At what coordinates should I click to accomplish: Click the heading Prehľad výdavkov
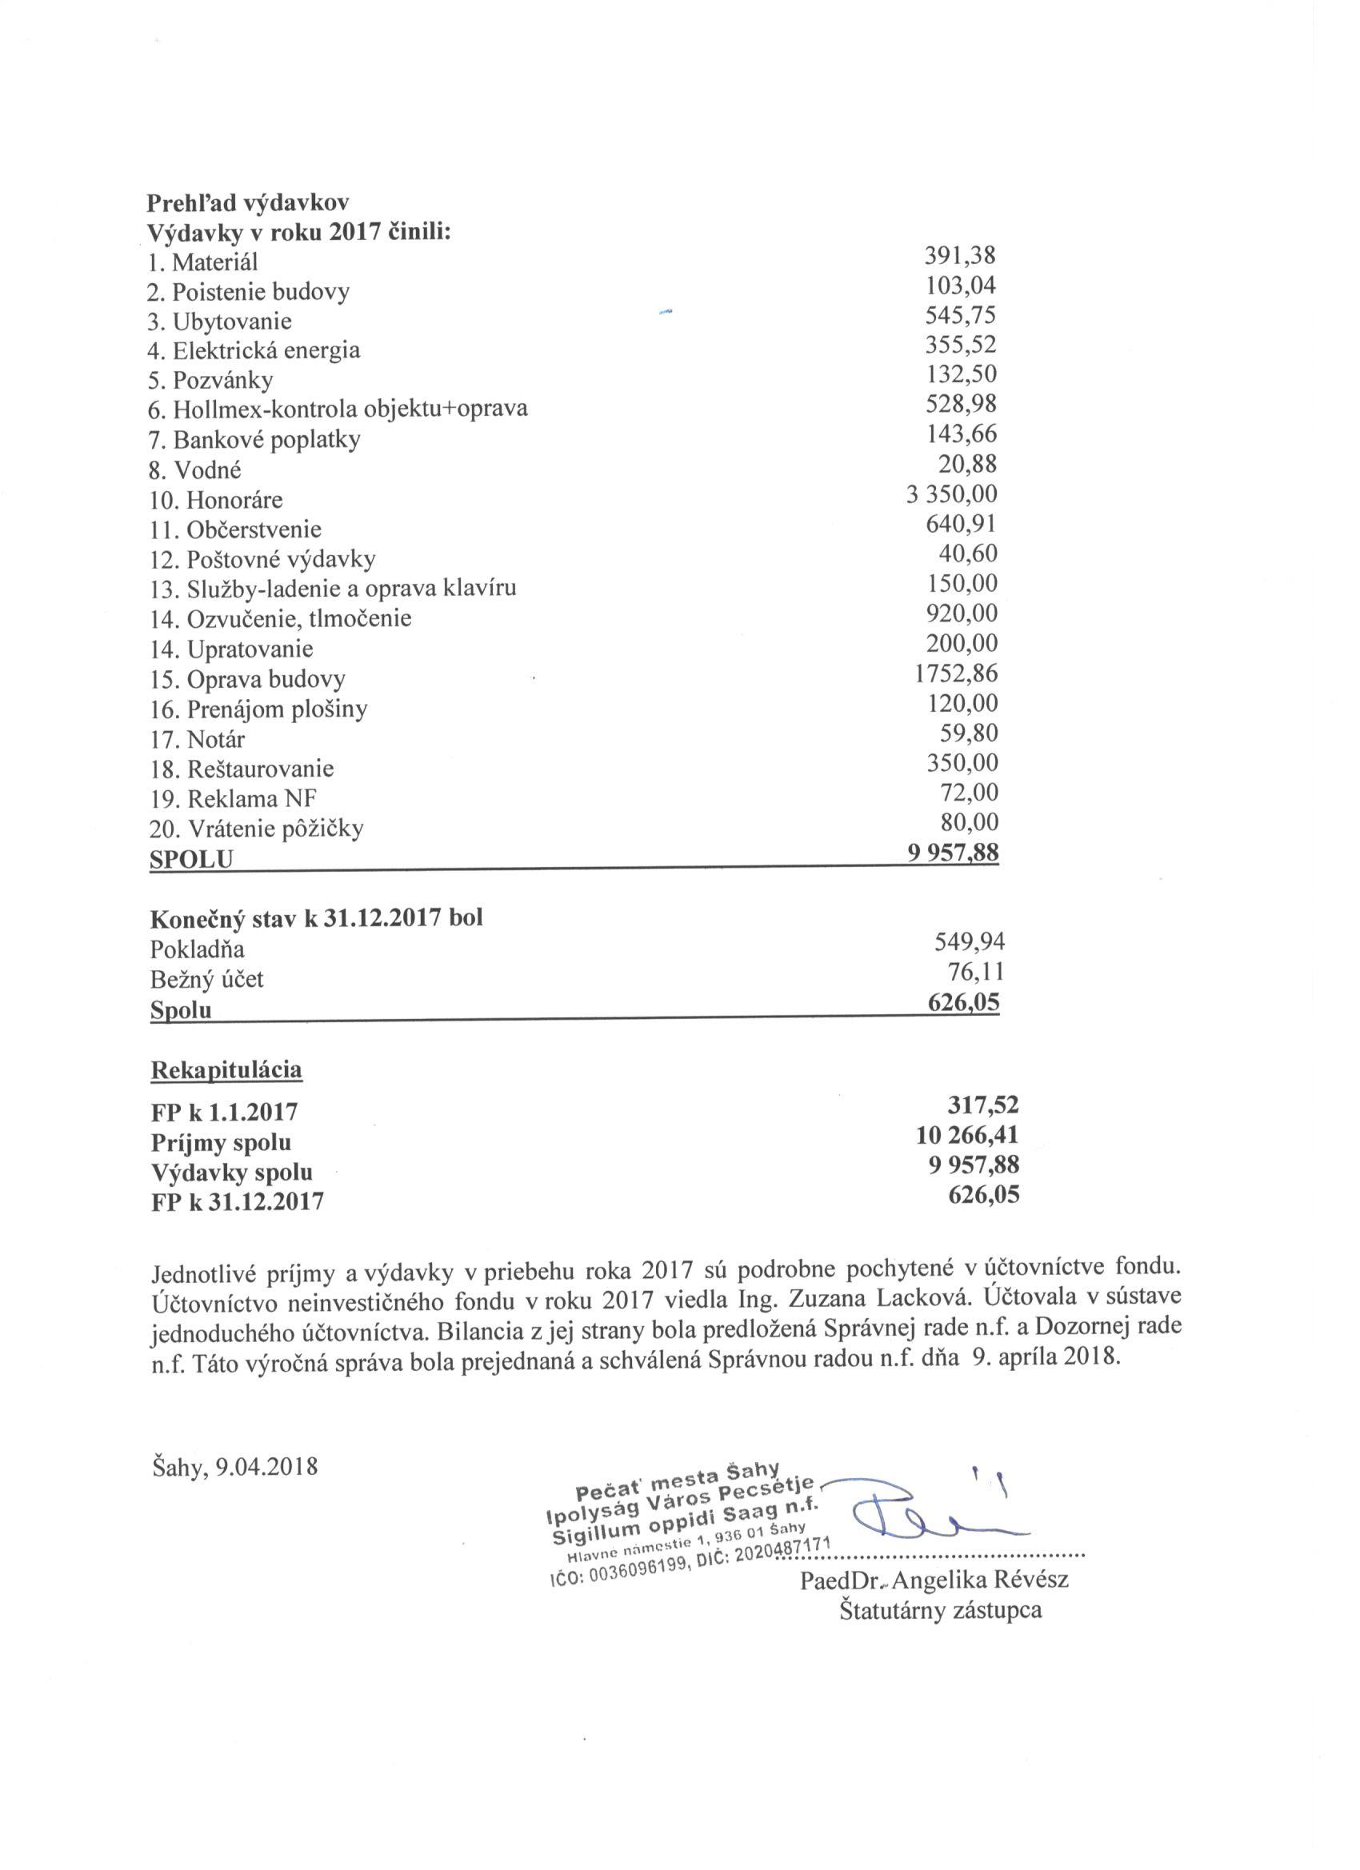pos(247,203)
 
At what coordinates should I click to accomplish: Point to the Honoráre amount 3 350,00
pos(951,493)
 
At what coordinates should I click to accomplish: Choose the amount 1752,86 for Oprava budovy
pos(956,673)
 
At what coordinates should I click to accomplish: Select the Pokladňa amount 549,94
pos(969,942)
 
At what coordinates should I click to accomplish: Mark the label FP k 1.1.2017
pos(223,1113)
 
